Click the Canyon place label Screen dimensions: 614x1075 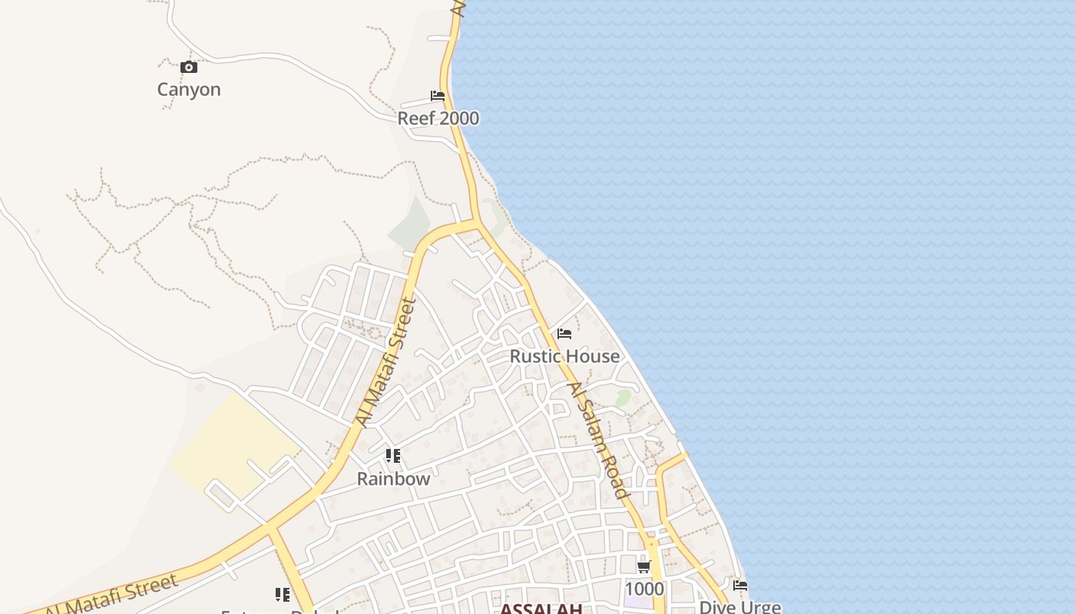pos(189,90)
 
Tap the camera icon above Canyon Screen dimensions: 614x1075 pos(189,68)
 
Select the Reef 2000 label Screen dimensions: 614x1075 pos(438,118)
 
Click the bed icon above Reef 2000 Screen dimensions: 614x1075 pos(438,96)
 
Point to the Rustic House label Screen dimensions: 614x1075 pos(564,356)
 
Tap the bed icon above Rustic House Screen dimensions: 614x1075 pos(564,334)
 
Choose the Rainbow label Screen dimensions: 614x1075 pos(393,479)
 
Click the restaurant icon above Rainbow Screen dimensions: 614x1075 pos(393,457)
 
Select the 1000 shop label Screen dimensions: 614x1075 pos(643,589)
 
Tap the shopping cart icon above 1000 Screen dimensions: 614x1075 pos(643,567)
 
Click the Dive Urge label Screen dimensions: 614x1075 pos(739,607)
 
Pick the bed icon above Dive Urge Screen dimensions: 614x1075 pos(740,585)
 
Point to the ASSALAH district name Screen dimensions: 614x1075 pos(541,609)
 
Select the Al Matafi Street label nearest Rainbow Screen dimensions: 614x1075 pos(387,363)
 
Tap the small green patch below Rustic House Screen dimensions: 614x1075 pos(623,398)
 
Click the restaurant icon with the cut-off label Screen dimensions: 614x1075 pos(282,595)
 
